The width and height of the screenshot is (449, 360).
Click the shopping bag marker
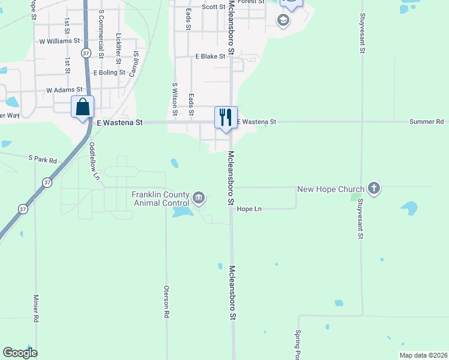click(83, 107)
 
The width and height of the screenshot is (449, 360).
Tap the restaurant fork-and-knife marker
click(226, 116)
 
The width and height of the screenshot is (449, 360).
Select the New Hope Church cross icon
click(374, 189)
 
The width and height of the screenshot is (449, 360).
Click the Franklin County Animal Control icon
click(199, 197)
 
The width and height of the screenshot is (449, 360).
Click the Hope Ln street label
click(250, 209)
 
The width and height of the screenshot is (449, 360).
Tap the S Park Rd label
click(42, 160)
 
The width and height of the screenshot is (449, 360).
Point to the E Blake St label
click(210, 56)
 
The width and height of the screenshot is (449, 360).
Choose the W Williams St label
click(59, 41)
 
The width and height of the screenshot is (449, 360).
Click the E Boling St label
click(109, 73)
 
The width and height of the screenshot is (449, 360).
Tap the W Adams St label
click(64, 90)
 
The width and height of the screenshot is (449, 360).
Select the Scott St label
click(213, 7)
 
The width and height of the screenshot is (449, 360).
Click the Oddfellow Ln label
click(94, 161)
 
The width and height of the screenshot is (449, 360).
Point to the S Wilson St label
click(175, 99)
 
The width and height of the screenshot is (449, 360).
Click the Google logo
click(20, 353)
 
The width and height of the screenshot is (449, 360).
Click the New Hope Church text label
click(331, 190)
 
